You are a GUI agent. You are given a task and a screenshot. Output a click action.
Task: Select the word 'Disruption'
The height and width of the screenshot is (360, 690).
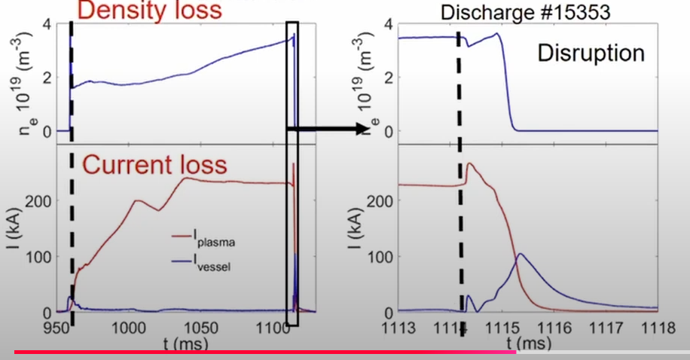pyautogui.click(x=591, y=53)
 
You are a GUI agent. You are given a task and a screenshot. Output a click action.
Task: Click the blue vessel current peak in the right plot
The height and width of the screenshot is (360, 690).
pyautogui.click(x=521, y=255)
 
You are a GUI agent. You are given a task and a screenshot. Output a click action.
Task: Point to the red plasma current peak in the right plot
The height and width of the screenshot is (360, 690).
pyautogui.click(x=470, y=163)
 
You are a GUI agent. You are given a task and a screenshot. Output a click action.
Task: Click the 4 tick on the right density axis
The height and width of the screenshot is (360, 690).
pyautogui.click(x=389, y=23)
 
